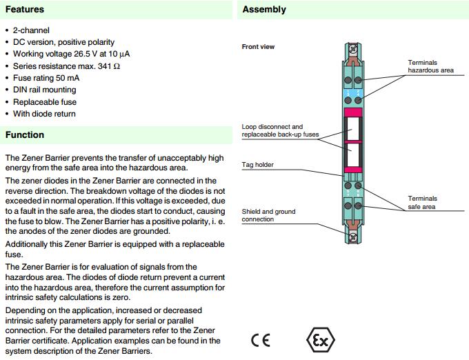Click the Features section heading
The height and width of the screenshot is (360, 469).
[x=25, y=10]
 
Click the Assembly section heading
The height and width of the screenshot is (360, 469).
[x=263, y=10]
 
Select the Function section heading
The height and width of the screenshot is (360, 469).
[x=25, y=134]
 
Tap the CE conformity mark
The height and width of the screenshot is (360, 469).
[x=260, y=341]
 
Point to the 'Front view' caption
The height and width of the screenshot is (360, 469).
[x=258, y=47]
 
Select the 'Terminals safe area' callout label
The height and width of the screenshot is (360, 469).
[x=423, y=203]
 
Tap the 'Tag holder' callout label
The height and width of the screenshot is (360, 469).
[x=257, y=165]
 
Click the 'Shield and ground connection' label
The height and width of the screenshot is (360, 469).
[x=269, y=215]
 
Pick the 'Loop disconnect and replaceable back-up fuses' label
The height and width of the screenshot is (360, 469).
[x=280, y=130]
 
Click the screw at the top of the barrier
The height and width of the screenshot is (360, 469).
[x=353, y=50]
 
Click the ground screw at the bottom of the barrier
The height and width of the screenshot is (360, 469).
[x=353, y=237]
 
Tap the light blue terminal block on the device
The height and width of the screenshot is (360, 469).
[x=352, y=93]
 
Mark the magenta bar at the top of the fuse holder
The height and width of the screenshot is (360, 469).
[x=353, y=112]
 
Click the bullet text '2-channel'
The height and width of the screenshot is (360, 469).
[x=32, y=31]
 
